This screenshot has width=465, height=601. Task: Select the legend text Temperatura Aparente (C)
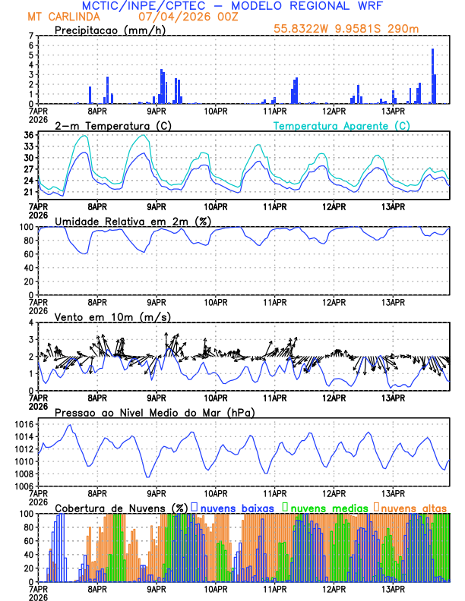tap(341, 125)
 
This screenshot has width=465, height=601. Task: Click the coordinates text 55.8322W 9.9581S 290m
tap(357, 29)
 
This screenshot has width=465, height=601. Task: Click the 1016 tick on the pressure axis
tap(24, 424)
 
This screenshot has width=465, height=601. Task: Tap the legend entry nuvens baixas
tap(239, 507)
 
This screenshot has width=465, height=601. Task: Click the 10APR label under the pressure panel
tap(216, 492)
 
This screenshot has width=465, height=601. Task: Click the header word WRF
tap(378, 6)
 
